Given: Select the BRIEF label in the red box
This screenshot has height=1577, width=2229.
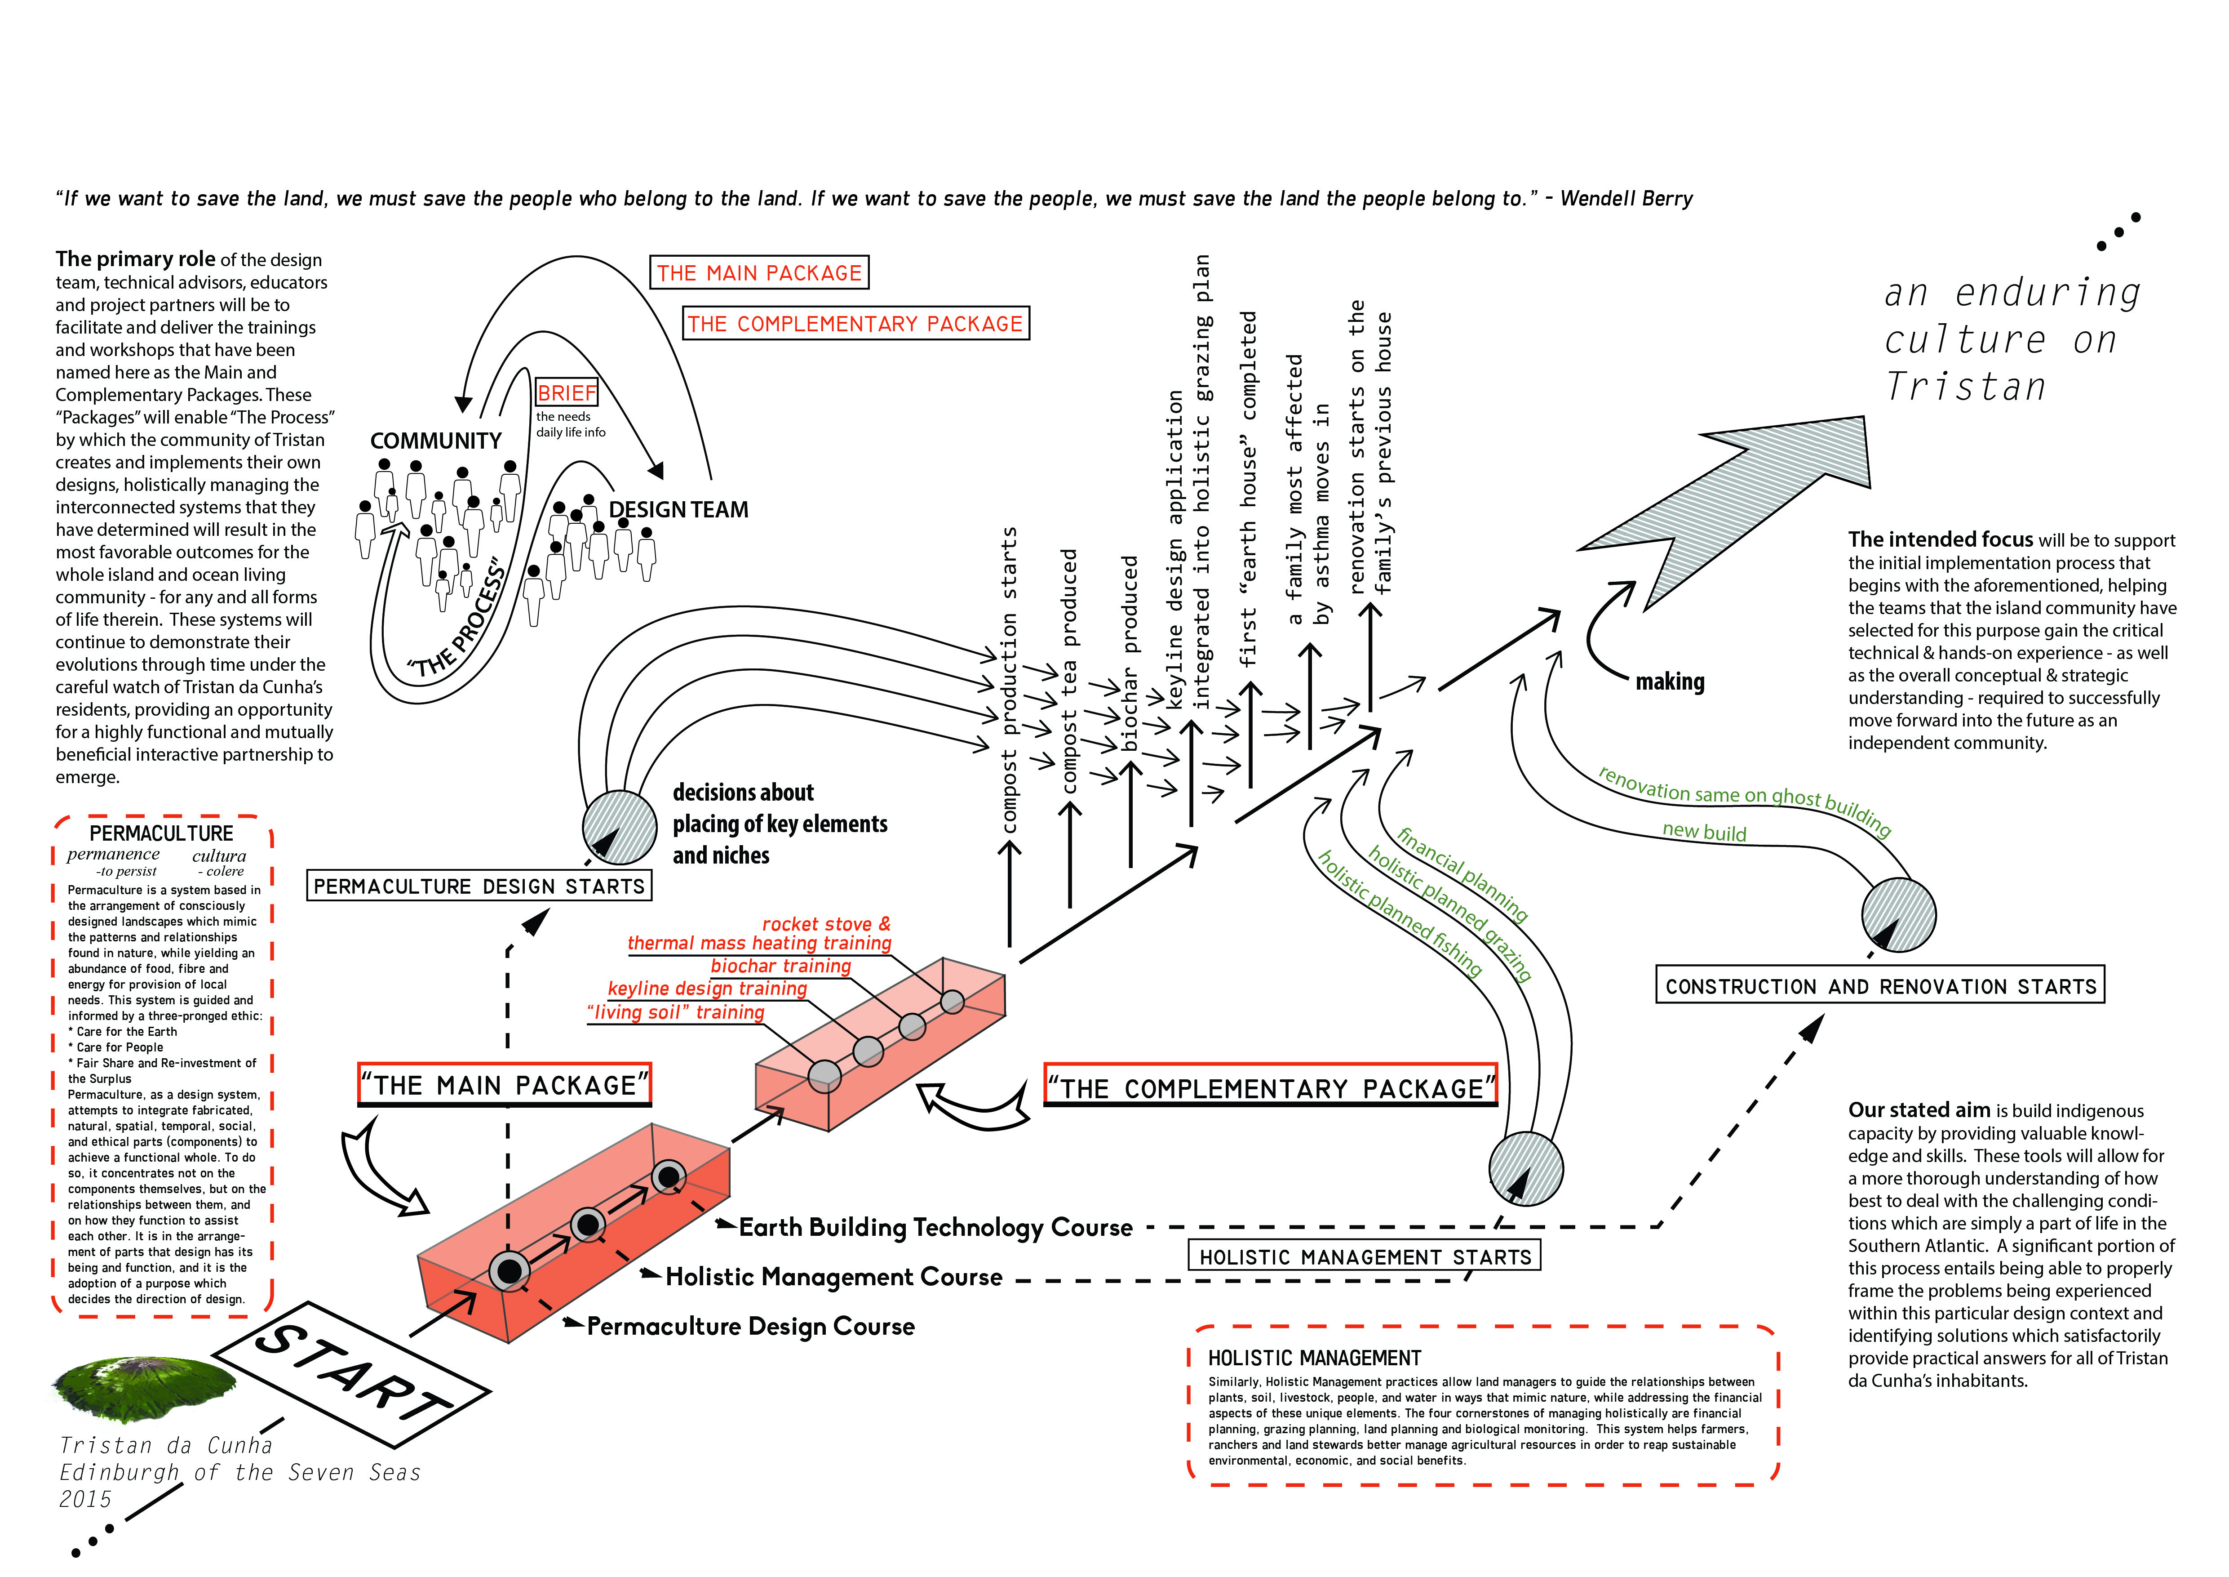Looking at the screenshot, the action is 567,392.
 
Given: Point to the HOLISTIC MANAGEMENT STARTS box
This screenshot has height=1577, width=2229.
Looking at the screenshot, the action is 1364,1256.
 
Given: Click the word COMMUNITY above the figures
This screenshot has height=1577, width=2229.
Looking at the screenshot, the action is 436,441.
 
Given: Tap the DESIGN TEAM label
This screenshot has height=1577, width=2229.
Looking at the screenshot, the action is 678,510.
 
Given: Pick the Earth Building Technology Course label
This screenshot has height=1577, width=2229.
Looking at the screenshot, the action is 936,1227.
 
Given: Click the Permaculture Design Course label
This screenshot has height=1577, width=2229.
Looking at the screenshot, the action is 750,1327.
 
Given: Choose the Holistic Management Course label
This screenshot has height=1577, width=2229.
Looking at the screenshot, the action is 834,1277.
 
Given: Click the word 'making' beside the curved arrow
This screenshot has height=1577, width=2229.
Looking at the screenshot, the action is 1670,682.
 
